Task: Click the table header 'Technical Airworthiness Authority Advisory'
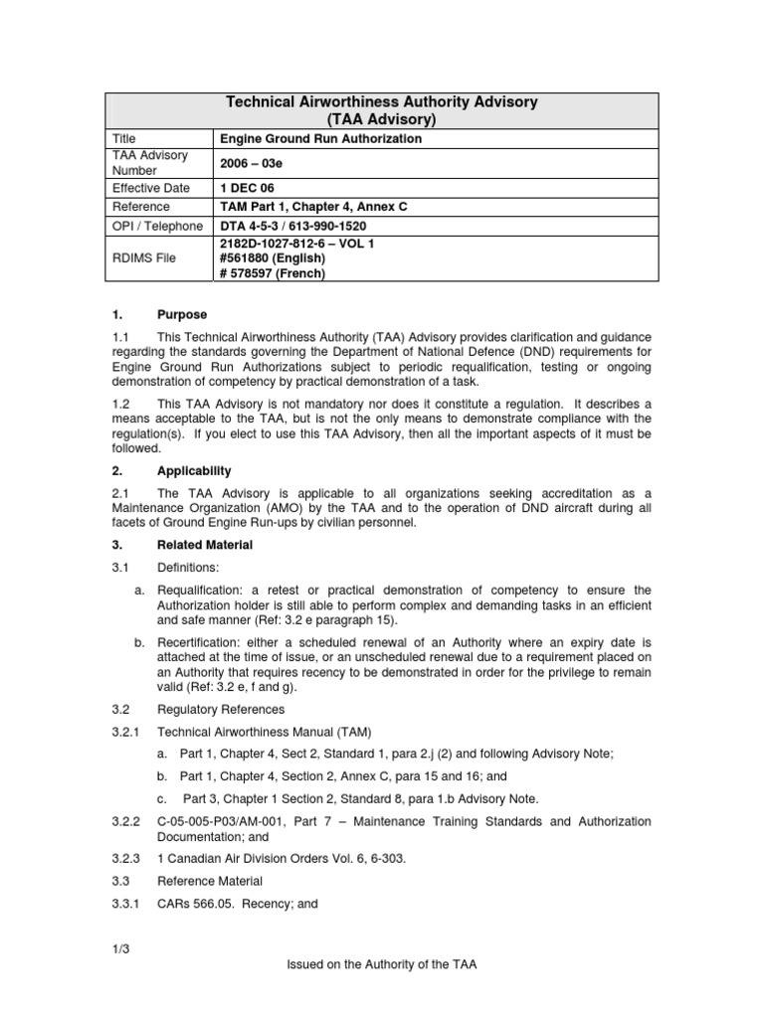click(x=383, y=102)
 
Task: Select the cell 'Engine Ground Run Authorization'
click(x=319, y=139)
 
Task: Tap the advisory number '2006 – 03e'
click(x=251, y=163)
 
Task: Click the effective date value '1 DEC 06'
click(x=246, y=187)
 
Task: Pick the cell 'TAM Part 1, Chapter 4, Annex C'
click(x=313, y=207)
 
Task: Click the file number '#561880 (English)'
click(x=272, y=258)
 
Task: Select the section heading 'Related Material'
click(x=206, y=545)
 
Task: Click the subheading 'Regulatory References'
click(x=221, y=710)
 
